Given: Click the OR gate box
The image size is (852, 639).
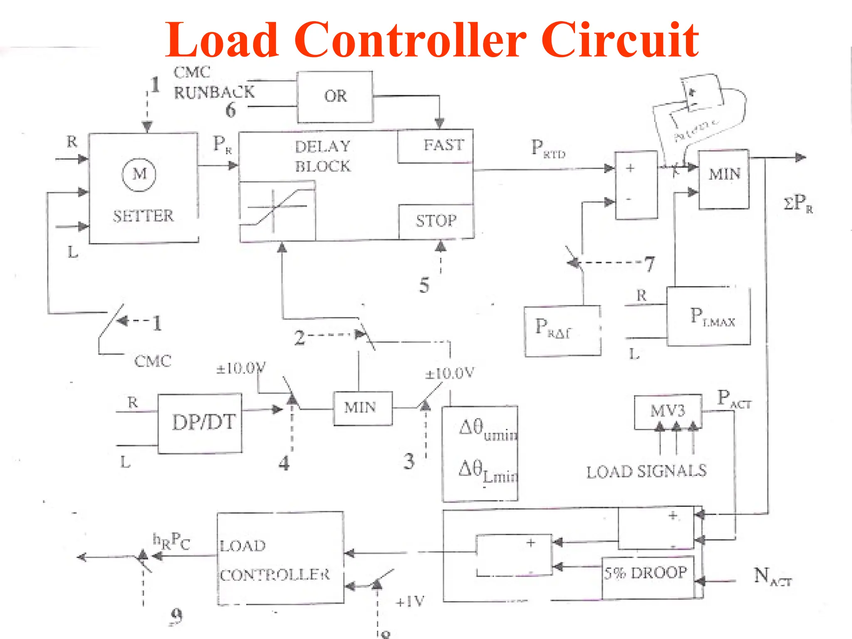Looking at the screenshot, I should click(335, 97).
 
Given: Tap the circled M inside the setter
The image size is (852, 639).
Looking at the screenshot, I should click(139, 174).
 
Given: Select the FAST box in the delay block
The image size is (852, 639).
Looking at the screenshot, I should click(436, 146).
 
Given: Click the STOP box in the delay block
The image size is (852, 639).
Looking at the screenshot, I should click(436, 221).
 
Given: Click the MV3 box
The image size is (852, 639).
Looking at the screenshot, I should click(668, 411).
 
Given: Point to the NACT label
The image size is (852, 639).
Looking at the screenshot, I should click(772, 577).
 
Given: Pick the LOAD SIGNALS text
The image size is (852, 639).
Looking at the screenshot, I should click(646, 471).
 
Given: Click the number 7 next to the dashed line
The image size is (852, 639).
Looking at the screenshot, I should click(649, 264).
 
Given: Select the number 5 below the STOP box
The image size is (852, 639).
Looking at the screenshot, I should click(424, 285).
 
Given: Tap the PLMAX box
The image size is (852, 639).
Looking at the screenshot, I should click(708, 316).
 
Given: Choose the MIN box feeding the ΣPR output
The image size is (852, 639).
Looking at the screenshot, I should click(724, 179).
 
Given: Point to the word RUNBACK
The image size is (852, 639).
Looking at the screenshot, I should click(214, 92).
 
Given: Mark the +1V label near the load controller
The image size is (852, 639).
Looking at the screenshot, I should click(410, 601).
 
